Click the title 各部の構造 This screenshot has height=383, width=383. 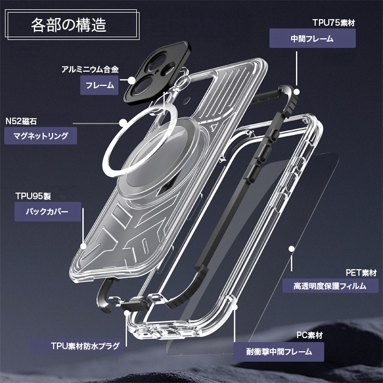pos(69,26)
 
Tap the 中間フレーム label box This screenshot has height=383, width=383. pos(312,39)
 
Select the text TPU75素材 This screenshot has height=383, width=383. pos(333,22)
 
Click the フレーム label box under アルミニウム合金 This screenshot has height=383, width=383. pos(100,85)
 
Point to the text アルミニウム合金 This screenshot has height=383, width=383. pos(90,70)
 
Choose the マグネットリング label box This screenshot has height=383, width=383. pos(41,136)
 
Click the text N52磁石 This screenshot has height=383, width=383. pos(21,121)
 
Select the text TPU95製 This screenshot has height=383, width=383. pos(32,195)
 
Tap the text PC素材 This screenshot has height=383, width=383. pos(310,335)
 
